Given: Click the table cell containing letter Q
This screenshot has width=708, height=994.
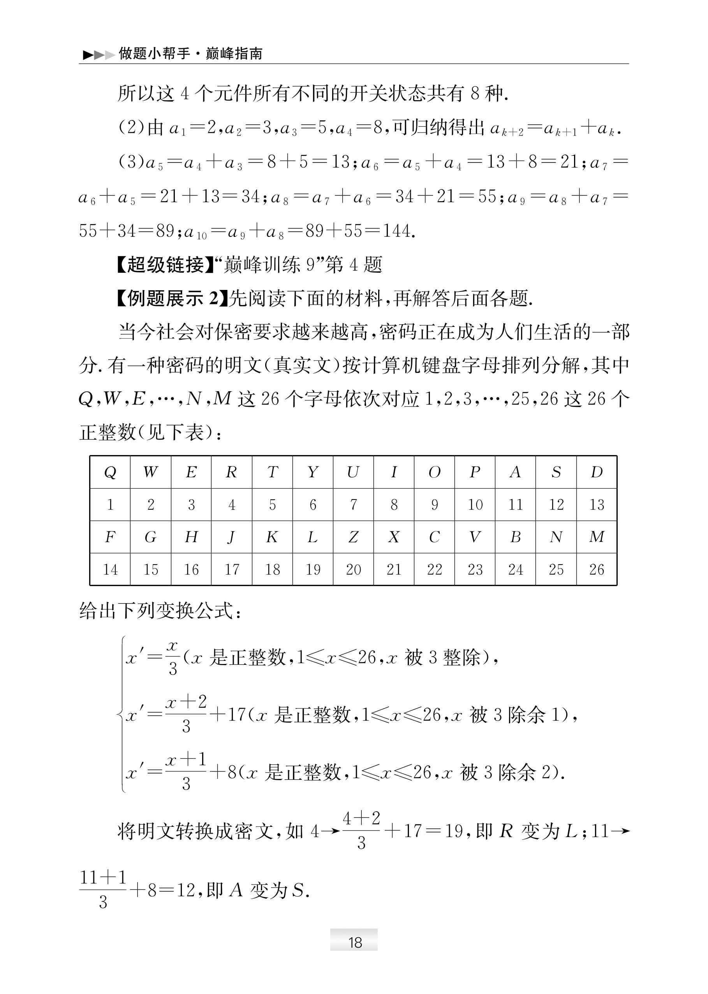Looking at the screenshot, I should pyautogui.click(x=110, y=472).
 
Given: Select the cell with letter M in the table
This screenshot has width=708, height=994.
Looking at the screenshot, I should pyautogui.click(x=596, y=537).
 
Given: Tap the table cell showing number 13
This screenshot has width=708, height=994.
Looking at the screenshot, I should pyautogui.click(x=596, y=505).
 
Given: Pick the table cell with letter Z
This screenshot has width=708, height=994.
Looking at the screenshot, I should pyautogui.click(x=353, y=537).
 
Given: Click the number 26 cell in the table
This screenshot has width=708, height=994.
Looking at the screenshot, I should pyautogui.click(x=596, y=569).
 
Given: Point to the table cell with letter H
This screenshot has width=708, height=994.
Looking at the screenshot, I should pyautogui.click(x=191, y=537).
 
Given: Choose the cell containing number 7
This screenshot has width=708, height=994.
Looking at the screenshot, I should pyautogui.click(x=353, y=505).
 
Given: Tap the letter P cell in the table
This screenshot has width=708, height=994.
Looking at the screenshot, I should pyautogui.click(x=475, y=472).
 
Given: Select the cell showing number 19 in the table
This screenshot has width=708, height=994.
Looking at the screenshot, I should pyautogui.click(x=313, y=569).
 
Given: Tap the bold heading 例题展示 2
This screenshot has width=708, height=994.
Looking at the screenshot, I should pyautogui.click(x=173, y=298).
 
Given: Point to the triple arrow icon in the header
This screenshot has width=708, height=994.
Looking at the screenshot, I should pyautogui.click(x=99, y=55).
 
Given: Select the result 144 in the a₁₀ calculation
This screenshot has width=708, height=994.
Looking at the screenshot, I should pyautogui.click(x=397, y=231).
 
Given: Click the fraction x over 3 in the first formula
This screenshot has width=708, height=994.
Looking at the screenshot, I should pyautogui.click(x=173, y=658).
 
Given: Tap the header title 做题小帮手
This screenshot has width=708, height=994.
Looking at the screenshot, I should pyautogui.click(x=154, y=54).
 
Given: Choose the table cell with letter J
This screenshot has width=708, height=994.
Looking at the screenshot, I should pyautogui.click(x=231, y=537).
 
